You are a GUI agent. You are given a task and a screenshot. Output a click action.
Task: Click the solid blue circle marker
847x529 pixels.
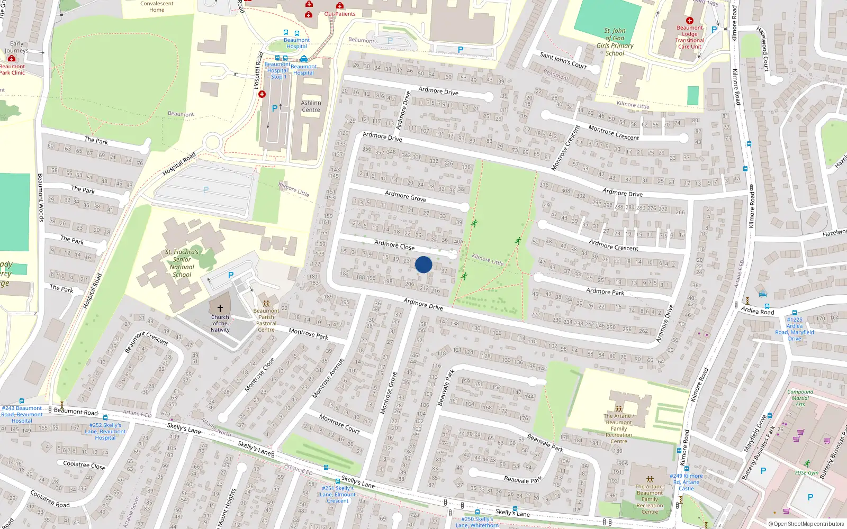[424, 264]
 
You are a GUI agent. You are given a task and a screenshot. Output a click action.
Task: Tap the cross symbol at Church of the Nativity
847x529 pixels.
[220, 308]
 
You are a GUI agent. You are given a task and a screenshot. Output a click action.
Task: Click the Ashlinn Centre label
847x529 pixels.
[311, 106]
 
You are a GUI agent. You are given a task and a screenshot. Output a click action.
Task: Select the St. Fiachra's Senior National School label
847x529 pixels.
[182, 263]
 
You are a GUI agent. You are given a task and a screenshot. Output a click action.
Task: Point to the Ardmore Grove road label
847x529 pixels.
[406, 196]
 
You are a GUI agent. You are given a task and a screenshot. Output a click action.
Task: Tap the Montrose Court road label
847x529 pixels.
[339, 424]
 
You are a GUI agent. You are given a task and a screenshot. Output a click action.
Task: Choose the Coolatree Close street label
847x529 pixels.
[84, 465]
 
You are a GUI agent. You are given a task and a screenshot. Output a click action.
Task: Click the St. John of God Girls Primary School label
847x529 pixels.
[615, 42]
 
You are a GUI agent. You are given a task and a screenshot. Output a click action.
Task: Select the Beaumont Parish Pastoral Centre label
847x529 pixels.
[266, 320]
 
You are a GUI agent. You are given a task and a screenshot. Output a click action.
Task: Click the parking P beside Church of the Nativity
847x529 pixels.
[231, 275]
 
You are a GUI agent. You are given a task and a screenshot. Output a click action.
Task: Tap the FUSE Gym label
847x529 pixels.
[806, 472]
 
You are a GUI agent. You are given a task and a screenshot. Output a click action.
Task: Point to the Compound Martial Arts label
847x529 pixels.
[800, 398]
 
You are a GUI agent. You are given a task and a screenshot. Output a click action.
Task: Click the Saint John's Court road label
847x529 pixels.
[563, 60]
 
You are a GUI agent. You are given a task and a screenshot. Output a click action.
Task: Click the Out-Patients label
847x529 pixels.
[340, 14]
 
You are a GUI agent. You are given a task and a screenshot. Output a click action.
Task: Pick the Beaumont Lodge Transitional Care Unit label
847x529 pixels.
[689, 37]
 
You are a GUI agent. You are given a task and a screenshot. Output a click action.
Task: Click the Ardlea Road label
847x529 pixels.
[758, 311]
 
